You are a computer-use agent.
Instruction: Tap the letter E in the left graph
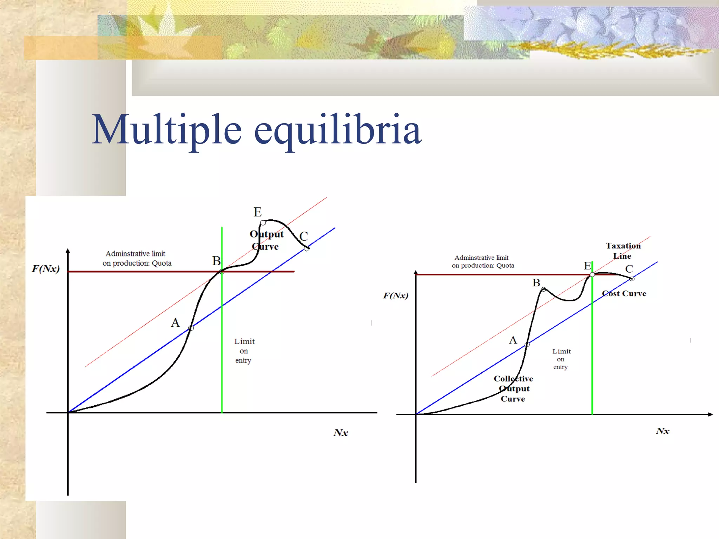click(x=257, y=212)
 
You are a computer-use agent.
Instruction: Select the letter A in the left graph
click(x=175, y=322)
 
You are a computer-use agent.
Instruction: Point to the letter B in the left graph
click(x=216, y=261)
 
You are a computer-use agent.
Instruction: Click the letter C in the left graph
click(x=304, y=236)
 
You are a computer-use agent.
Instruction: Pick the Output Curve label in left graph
click(x=266, y=240)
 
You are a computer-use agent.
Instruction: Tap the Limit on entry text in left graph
click(x=244, y=351)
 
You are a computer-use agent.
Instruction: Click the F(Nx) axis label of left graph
click(x=46, y=269)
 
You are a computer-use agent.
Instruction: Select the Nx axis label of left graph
click(x=341, y=433)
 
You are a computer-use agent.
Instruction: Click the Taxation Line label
click(x=623, y=251)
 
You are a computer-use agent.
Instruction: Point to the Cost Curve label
click(x=624, y=293)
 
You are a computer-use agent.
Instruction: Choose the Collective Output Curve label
click(x=513, y=388)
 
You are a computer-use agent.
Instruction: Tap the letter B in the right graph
click(x=536, y=282)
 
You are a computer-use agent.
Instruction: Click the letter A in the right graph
click(x=513, y=340)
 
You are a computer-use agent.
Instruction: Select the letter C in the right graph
click(x=629, y=269)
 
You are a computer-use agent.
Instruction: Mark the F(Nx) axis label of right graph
click(x=396, y=295)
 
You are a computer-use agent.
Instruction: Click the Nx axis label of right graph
click(x=662, y=431)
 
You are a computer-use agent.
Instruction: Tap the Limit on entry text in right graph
click(x=561, y=359)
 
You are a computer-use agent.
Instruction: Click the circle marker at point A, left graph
click(x=191, y=328)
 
